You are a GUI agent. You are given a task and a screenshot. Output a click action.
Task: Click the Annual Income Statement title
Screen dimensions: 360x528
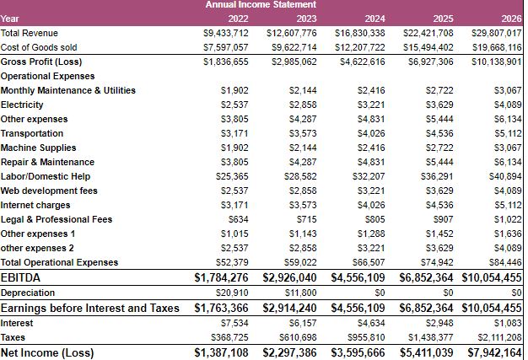point(261,5)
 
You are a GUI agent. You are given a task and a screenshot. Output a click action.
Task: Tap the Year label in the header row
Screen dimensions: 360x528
point(10,18)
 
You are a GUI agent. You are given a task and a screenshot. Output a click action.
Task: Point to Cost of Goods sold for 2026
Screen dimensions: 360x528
point(497,47)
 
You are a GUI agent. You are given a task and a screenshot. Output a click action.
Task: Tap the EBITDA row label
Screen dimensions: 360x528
point(22,277)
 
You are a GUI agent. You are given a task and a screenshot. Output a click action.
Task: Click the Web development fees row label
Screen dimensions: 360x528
point(49,191)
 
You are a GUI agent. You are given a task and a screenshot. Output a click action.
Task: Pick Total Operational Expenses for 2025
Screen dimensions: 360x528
point(438,262)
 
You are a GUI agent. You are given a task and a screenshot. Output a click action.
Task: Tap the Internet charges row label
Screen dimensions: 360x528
point(35,205)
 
